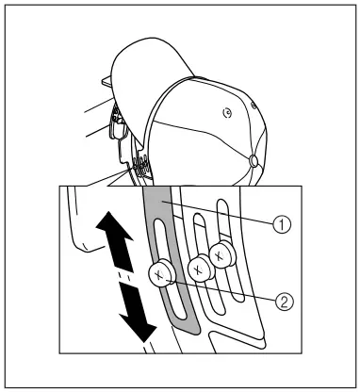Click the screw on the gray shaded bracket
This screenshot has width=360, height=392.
(161, 275)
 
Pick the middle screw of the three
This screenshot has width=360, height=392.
(197, 268)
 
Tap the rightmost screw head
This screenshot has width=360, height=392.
(222, 253)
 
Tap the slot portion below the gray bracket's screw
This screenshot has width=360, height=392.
(171, 305)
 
